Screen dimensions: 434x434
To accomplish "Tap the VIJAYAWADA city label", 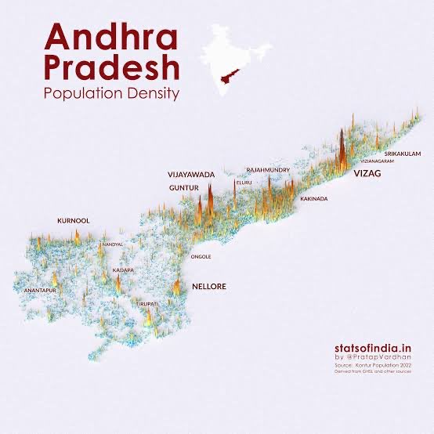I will tap(190, 174).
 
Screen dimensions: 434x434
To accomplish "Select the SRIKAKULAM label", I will tap(403, 154).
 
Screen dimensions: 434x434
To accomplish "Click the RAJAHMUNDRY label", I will tap(268, 169).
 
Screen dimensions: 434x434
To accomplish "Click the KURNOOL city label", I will tap(74, 221).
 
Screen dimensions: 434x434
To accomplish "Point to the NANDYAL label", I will tap(113, 244).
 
